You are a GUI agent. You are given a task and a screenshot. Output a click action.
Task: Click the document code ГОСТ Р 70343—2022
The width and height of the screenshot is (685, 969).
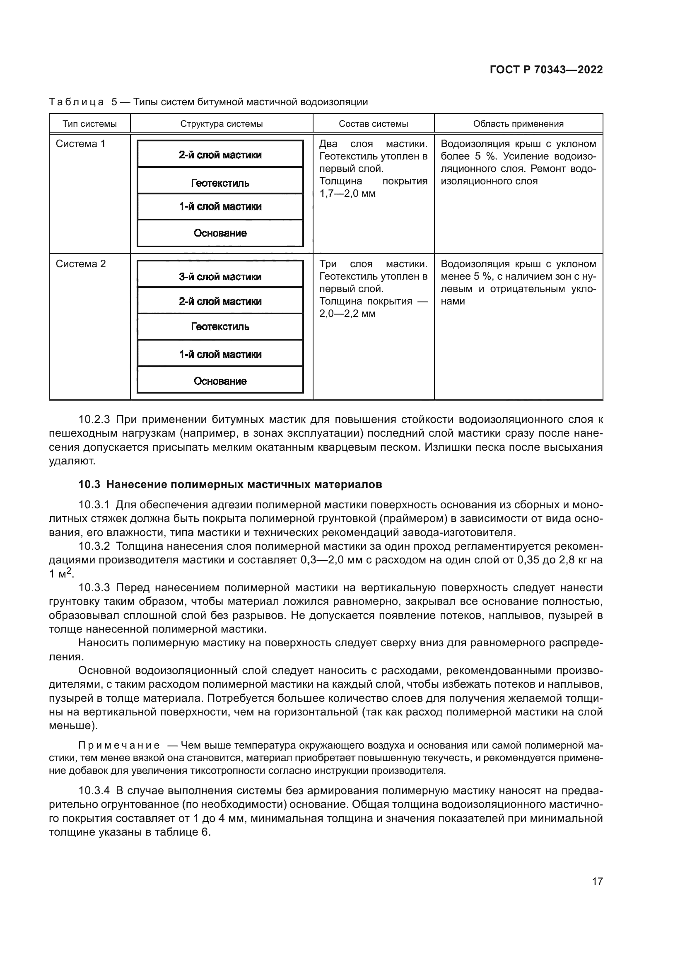[546, 70]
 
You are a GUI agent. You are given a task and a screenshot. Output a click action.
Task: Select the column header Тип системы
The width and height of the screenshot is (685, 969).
[89, 123]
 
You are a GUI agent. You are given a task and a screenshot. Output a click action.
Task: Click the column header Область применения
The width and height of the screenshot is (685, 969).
[518, 123]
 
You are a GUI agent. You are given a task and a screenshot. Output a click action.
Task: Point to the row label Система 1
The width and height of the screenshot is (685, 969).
[80, 143]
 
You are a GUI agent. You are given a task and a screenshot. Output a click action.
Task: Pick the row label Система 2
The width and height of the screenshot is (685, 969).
[81, 264]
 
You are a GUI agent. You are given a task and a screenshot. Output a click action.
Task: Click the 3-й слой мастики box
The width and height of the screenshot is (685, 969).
[220, 276]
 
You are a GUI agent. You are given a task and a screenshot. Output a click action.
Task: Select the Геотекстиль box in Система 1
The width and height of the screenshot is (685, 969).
[220, 183]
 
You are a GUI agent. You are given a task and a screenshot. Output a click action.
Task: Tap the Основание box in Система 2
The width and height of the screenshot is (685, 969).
[220, 381]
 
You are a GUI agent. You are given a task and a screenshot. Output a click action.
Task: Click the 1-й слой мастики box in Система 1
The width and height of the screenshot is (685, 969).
[220, 206]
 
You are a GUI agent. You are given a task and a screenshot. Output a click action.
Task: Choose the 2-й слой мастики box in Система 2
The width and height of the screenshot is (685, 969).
[220, 301]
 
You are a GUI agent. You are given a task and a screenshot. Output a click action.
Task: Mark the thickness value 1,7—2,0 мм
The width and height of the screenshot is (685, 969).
[347, 194]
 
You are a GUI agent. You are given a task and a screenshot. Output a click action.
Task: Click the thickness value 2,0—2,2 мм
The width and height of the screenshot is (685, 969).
[347, 314]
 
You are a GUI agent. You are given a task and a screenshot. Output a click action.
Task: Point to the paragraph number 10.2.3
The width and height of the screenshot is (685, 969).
[94, 420]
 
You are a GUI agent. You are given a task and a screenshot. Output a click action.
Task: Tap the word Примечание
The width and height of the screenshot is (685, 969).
[119, 745]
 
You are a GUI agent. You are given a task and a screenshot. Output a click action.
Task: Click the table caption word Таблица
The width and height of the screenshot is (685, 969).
[76, 102]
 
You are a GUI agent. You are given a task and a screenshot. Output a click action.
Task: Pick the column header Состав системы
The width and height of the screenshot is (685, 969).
[373, 123]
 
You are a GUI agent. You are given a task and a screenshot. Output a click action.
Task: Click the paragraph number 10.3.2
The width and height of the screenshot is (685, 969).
[94, 546]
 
